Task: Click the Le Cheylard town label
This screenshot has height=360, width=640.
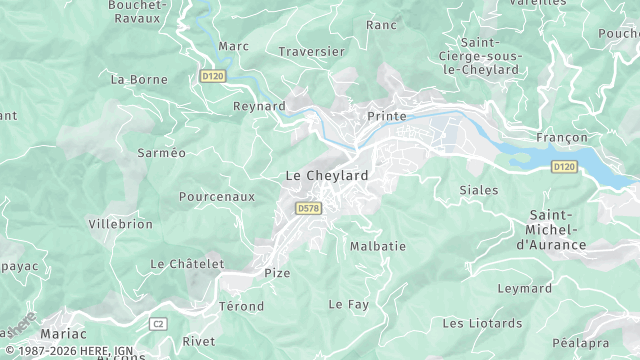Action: pyautogui.click(x=327, y=175)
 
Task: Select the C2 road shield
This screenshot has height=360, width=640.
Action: pyautogui.click(x=158, y=323)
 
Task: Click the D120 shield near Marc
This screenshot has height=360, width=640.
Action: pyautogui.click(x=211, y=75)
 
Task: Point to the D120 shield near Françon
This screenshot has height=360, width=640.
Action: pyautogui.click(x=564, y=166)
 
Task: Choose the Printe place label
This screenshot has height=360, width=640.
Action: pyautogui.click(x=387, y=116)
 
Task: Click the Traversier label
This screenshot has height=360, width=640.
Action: pyautogui.click(x=311, y=51)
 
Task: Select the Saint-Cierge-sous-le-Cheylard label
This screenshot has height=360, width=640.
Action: pyautogui.click(x=490, y=56)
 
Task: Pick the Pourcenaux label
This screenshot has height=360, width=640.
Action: pyautogui.click(x=217, y=197)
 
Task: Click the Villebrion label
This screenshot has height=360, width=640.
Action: pyautogui.click(x=121, y=224)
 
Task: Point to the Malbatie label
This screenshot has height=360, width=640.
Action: pyautogui.click(x=378, y=245)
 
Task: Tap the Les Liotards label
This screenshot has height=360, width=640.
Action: pyautogui.click(x=482, y=323)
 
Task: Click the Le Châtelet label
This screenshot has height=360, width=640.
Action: pyautogui.click(x=185, y=263)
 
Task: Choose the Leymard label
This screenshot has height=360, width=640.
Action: pyautogui.click(x=525, y=288)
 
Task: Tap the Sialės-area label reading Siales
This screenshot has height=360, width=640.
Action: pyautogui.click(x=479, y=189)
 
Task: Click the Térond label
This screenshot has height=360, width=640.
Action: pyautogui.click(x=241, y=306)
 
